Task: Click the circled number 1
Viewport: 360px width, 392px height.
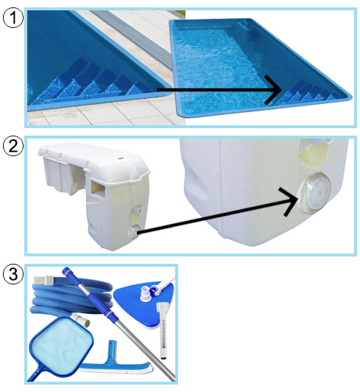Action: (13, 18)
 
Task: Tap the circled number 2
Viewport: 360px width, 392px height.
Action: (13, 146)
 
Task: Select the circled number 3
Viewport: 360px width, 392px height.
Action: (13, 274)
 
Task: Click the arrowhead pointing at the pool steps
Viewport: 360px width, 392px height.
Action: (274, 89)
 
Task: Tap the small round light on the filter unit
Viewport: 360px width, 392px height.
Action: (134, 231)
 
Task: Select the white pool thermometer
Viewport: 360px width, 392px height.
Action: (163, 331)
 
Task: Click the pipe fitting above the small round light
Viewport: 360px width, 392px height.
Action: (137, 211)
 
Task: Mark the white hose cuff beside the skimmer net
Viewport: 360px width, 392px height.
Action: (80, 321)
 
